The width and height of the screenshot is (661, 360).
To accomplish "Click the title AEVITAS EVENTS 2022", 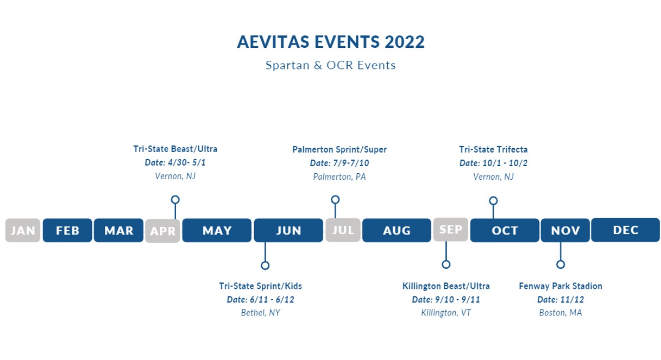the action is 331,42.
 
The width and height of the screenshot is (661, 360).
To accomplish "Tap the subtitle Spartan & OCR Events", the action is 331,65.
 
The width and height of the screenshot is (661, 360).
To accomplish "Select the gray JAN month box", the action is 23,230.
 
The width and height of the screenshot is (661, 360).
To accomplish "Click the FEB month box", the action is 67,230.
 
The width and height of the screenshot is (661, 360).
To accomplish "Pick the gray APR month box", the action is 162,231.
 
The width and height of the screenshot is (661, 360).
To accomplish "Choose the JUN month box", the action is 288,230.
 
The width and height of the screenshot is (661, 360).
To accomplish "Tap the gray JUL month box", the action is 343,230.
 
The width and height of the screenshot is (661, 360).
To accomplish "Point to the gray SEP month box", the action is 451,229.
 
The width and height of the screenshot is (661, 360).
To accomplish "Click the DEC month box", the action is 626,230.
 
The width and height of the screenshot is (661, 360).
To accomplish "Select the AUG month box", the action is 396,230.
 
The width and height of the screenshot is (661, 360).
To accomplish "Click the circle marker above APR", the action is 175,200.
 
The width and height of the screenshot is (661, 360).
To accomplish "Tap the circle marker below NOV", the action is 561,264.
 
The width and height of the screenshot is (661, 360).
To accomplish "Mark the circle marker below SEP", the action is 446,264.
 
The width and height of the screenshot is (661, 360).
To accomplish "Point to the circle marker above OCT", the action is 493,201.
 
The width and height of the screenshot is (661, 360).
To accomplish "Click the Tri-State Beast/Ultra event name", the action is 175,149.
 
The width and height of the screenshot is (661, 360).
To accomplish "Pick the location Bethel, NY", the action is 261,313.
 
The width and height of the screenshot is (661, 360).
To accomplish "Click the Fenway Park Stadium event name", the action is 561,286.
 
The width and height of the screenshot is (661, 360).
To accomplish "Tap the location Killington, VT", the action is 446,313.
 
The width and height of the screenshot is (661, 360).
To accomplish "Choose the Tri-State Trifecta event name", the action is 493,150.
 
